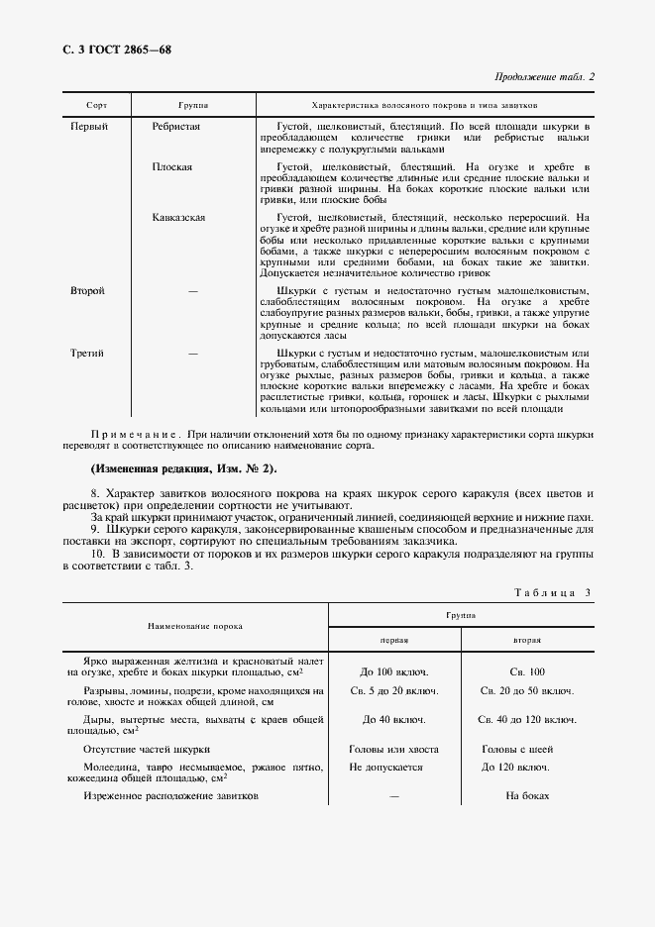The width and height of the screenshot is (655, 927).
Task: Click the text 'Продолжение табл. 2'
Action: tap(544, 77)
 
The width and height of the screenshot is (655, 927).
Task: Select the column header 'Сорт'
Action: tap(96, 104)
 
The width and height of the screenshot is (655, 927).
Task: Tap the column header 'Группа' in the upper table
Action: tap(192, 104)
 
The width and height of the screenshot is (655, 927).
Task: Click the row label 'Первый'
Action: tap(89, 127)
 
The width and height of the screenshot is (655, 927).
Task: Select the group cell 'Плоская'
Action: tap(172, 167)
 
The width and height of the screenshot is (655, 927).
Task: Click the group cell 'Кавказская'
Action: tap(179, 217)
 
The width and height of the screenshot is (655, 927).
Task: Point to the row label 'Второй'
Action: tap(88, 291)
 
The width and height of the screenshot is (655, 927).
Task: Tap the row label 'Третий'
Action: tap(87, 353)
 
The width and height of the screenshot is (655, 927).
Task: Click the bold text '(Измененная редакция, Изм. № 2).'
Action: tap(184, 468)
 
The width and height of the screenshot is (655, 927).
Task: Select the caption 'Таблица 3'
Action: tap(552, 592)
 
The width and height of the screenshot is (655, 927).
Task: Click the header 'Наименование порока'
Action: tap(195, 627)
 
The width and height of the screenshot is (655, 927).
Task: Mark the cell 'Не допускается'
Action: tap(385, 767)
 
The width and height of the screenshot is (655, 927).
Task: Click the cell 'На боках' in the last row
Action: tap(526, 796)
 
